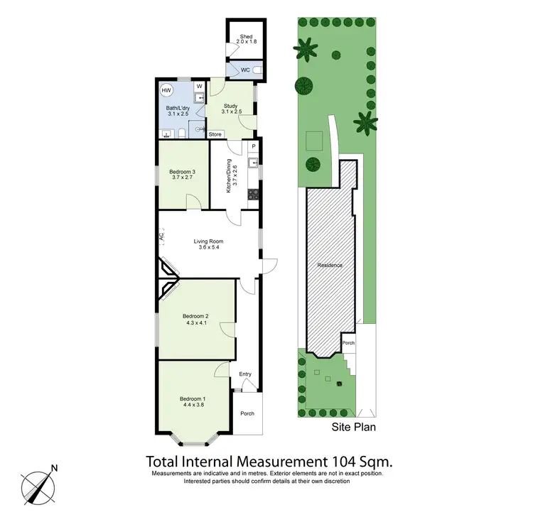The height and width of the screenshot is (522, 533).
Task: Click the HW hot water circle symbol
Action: coord(166,91)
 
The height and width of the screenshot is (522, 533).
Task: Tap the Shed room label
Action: coord(247,36)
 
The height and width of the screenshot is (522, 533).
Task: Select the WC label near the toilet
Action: coord(244,70)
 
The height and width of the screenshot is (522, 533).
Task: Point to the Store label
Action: coord(215,134)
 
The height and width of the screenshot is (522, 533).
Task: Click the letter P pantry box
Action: coord(252,146)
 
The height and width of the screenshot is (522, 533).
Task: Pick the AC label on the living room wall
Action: coord(161,235)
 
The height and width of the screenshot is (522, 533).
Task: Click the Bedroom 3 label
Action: coord(183,171)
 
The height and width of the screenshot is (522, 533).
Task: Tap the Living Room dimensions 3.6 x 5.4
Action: coord(209,249)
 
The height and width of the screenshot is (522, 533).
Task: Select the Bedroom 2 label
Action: coord(195,316)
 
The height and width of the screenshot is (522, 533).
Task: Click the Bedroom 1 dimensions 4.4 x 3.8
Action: coord(193,405)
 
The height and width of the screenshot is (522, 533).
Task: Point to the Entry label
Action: coord(245,374)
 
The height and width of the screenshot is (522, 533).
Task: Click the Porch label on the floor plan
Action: coord(247,414)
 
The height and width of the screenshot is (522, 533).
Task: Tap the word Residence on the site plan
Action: coord(330,266)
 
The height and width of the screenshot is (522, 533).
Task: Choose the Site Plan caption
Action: coord(354,428)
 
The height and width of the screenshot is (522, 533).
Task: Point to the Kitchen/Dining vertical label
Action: coord(229,175)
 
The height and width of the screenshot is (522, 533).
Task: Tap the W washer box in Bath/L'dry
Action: coord(198,87)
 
